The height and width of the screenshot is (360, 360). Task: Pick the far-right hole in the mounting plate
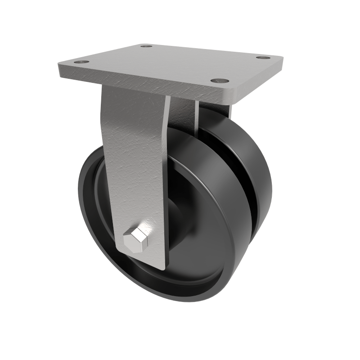click(x=263, y=58)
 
